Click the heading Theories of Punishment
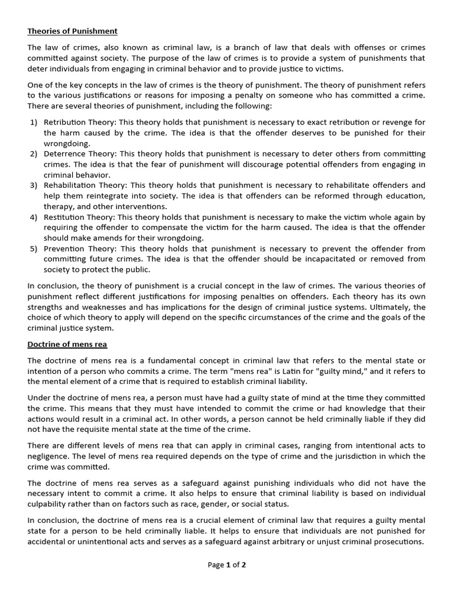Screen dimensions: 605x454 pyautogui.click(x=72, y=31)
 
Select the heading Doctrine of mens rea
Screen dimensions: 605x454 pyautogui.click(x=67, y=344)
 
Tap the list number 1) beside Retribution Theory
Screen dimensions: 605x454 pyautogui.click(x=33, y=122)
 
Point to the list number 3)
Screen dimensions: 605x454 pyautogui.click(x=33, y=185)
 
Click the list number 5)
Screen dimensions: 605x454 pyautogui.click(x=33, y=249)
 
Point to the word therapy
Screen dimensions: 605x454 pyautogui.click(x=59, y=206)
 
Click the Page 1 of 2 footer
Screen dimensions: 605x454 pyautogui.click(x=226, y=565)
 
